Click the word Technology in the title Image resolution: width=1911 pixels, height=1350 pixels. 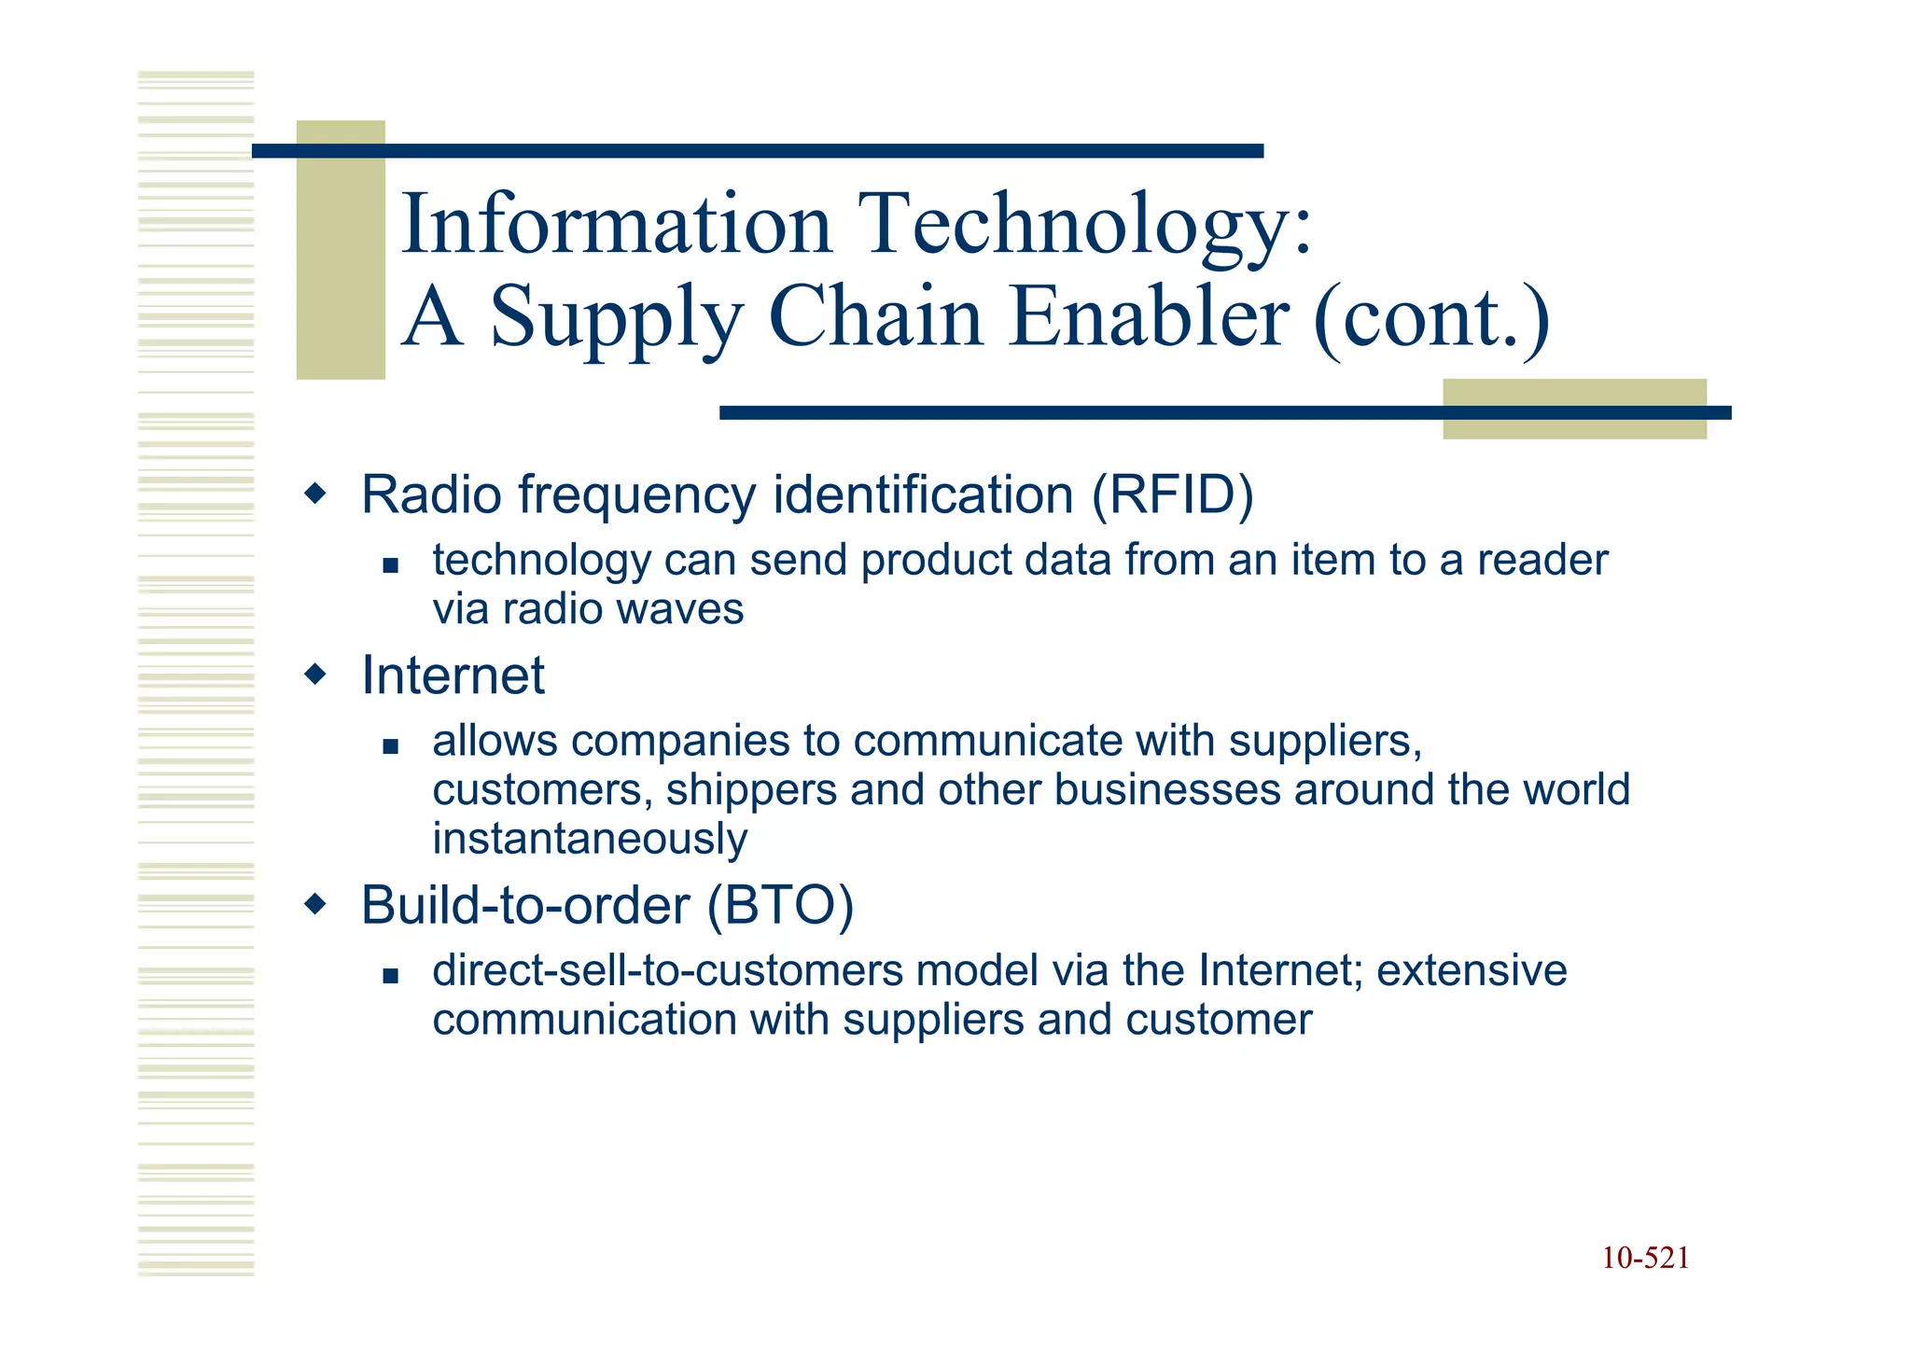tap(1073, 226)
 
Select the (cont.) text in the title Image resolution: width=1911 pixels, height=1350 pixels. tap(1432, 318)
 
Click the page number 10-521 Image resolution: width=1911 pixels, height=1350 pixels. tap(1645, 1259)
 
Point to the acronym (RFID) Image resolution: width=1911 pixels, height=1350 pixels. tap(1172, 494)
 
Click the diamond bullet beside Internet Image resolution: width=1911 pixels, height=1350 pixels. tap(317, 674)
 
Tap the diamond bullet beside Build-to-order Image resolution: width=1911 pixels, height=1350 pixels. tap(317, 903)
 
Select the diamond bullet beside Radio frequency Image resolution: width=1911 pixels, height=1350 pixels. tap(317, 493)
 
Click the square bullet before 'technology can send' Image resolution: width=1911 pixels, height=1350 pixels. tap(390, 565)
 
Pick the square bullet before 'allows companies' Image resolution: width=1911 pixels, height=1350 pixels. tap(390, 746)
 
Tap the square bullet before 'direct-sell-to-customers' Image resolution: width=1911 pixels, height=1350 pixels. tap(390, 976)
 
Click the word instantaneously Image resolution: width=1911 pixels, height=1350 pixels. tap(590, 839)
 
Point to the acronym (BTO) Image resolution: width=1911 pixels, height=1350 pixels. tap(780, 905)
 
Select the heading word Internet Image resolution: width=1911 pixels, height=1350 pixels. tap(453, 675)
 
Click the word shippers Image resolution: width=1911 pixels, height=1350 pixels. tap(750, 790)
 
